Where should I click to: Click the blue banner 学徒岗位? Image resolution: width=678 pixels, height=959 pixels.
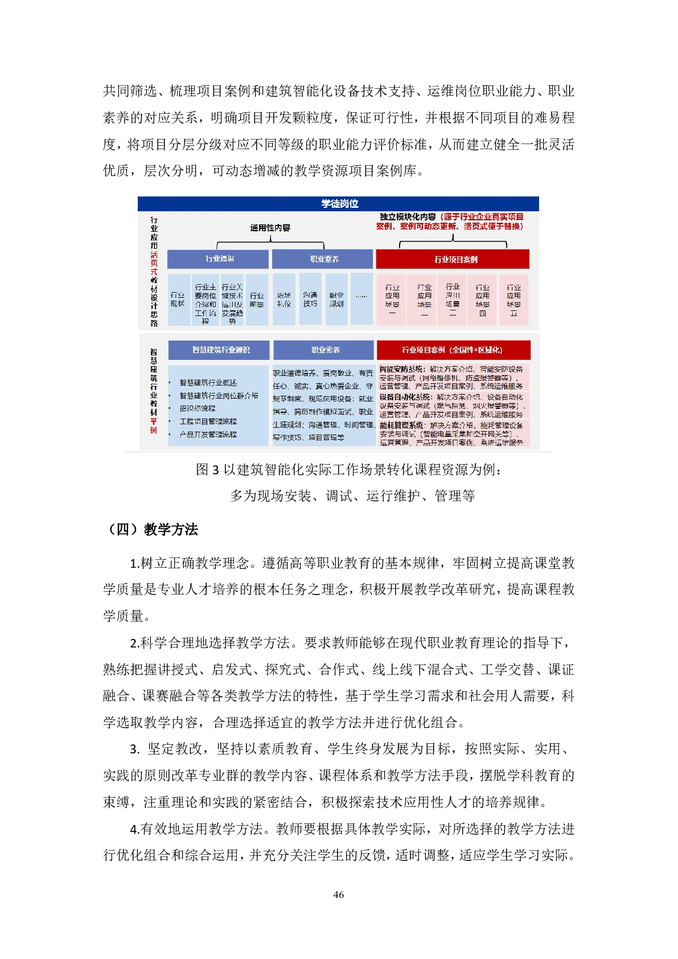[339, 203]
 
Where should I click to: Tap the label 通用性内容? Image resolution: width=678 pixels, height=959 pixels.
[270, 228]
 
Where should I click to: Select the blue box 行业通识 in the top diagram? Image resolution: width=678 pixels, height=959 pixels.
[219, 259]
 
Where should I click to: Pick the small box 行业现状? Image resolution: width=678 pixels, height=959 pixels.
[178, 300]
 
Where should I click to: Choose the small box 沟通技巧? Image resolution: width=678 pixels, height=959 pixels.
[310, 300]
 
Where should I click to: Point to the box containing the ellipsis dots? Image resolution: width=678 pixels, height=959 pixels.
[361, 297]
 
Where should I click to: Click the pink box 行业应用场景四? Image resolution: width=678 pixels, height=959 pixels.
[483, 300]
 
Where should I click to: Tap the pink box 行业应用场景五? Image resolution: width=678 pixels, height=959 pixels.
[513, 300]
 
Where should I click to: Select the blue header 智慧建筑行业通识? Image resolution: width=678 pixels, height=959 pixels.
[220, 350]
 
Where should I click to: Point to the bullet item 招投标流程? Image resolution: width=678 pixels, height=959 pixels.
[198, 408]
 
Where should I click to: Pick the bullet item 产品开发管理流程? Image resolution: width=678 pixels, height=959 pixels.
[208, 435]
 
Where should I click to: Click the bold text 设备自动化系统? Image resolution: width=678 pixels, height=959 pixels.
[402, 397]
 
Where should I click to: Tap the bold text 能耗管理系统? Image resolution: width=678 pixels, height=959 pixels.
[401, 425]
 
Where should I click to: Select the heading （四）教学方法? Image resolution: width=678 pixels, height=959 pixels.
[150, 530]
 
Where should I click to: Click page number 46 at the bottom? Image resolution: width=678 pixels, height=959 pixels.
[339, 895]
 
